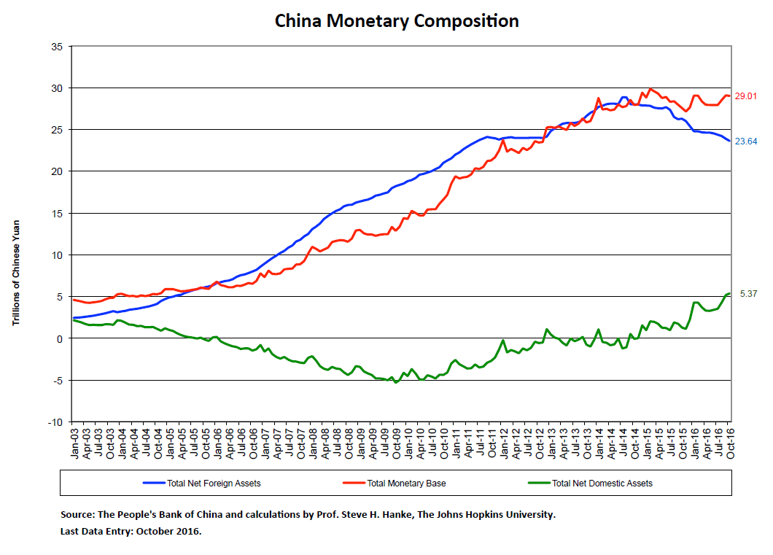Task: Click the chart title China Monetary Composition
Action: tap(397, 20)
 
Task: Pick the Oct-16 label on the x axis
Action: tap(729, 442)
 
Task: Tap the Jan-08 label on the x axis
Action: tap(311, 442)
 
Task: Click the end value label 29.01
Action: tap(746, 96)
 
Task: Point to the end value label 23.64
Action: tap(746, 141)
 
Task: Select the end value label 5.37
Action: tap(749, 294)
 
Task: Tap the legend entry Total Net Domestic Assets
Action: tap(602, 483)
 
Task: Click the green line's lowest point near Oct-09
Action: tap(396, 382)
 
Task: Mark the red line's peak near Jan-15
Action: tap(650, 89)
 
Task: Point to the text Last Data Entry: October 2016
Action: tap(131, 531)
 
